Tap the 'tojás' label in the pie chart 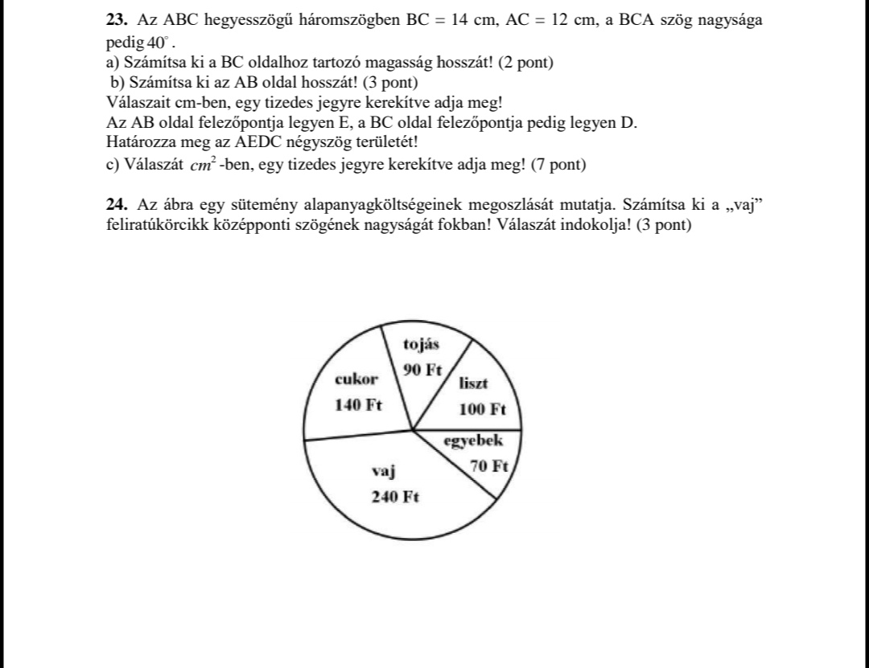pos(422,345)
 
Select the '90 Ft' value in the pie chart pos(424,371)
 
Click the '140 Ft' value pos(359,404)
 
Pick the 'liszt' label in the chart pos(473,383)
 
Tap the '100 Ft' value pos(482,410)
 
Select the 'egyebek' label pos(474,441)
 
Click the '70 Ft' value pos(489,466)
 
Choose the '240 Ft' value pos(395,497)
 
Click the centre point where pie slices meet pos(413,430)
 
